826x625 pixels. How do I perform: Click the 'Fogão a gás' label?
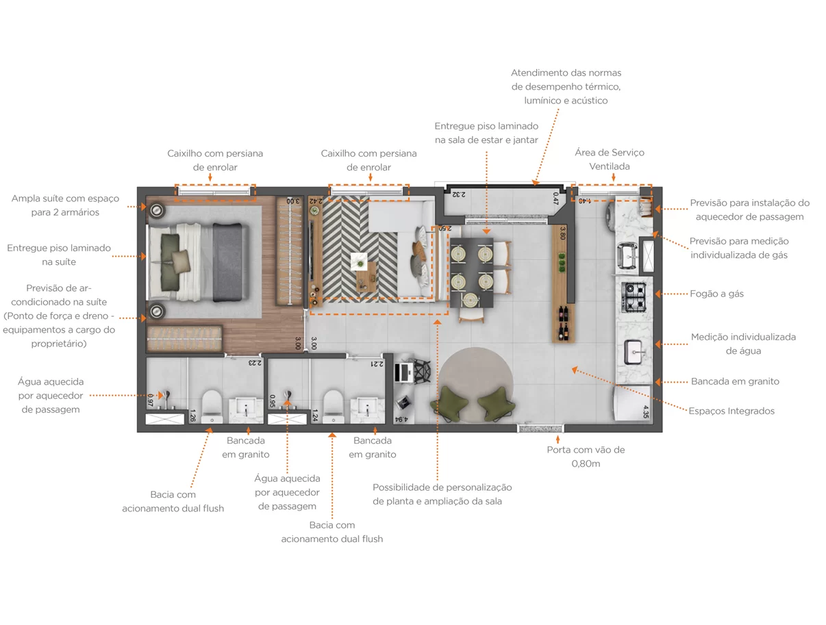click(x=716, y=294)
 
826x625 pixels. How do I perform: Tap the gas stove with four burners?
click(x=634, y=297)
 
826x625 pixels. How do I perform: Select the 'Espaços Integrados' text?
click(x=731, y=411)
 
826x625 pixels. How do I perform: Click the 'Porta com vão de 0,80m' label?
click(x=586, y=457)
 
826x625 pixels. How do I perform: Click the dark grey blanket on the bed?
click(x=227, y=262)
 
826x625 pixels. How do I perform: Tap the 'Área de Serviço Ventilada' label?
click(x=610, y=159)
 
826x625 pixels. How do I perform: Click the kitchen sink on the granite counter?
click(x=633, y=352)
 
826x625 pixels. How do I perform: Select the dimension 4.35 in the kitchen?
click(x=646, y=412)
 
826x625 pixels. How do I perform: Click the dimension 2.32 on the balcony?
click(x=458, y=194)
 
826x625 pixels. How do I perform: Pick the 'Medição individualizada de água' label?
click(x=743, y=344)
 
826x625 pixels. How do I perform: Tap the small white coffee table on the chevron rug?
click(x=359, y=261)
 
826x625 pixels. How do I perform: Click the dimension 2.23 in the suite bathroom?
click(x=255, y=363)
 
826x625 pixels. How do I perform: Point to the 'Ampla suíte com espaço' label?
click(x=65, y=199)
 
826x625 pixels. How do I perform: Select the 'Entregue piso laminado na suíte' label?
click(x=59, y=255)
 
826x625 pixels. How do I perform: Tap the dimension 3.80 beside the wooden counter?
click(x=563, y=233)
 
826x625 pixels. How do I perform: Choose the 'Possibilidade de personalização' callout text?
click(x=442, y=487)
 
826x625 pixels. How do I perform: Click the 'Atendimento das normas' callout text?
click(x=566, y=73)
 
